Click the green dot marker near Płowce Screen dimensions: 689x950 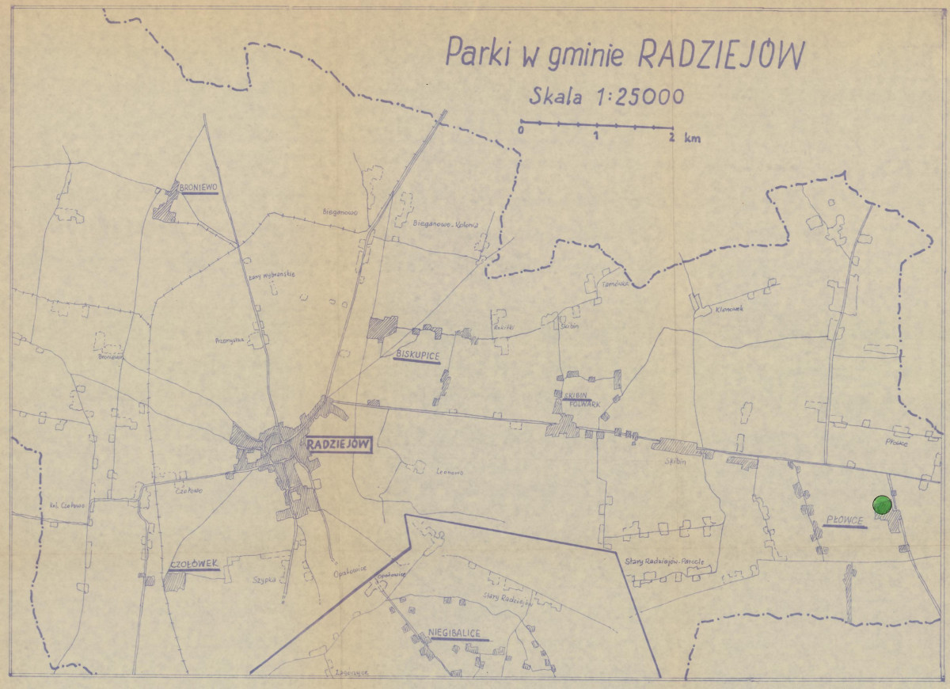pos(882,504)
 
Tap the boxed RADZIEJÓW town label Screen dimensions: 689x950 pos(337,445)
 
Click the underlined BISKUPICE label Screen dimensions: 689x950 pos(416,354)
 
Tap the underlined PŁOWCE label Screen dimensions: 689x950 pos(844,520)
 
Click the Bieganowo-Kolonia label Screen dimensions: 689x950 pos(446,224)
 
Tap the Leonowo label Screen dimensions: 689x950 pos(449,471)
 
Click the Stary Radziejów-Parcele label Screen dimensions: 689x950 pos(670,561)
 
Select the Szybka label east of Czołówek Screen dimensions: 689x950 pos(263,579)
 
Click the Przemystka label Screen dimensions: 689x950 pos(228,341)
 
